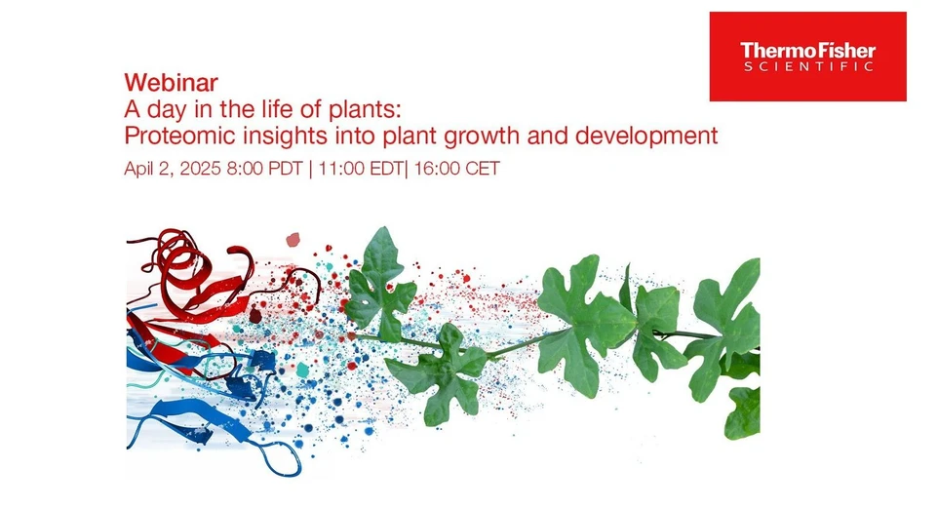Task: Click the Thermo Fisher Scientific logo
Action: pos(807,57)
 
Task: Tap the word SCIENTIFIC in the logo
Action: pos(807,66)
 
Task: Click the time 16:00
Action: pos(437,169)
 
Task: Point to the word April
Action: pos(143,169)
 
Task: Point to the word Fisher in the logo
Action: pos(842,50)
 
